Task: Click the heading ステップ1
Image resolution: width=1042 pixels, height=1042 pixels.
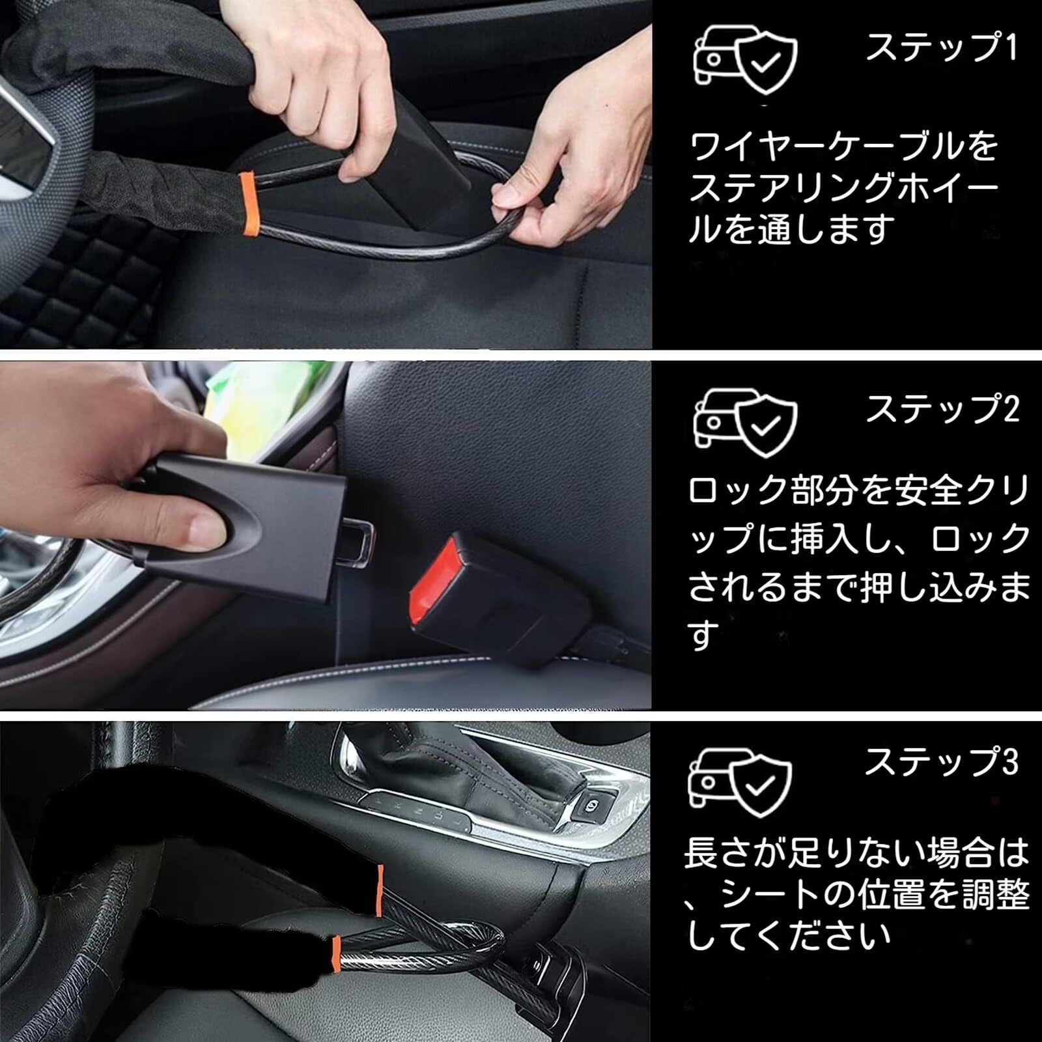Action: pos(941,48)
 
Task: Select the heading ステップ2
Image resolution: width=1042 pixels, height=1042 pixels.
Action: pos(942,409)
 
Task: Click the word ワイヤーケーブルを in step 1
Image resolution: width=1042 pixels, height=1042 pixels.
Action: pos(843,147)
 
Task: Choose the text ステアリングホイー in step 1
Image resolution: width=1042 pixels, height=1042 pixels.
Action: pos(843,189)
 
